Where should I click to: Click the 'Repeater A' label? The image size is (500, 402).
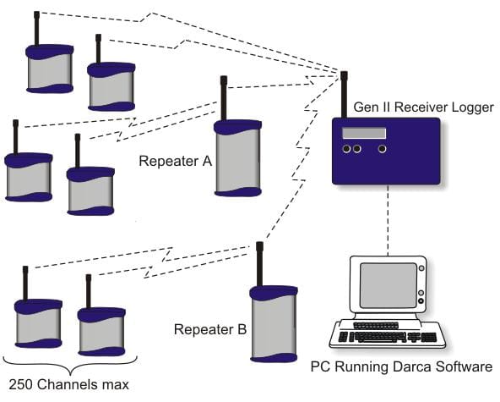point(176,161)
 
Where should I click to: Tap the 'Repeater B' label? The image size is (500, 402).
point(210,329)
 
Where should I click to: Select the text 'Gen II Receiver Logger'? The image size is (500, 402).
point(424,107)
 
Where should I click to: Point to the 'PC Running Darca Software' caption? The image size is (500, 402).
point(401,366)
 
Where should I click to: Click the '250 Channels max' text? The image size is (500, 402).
point(69,384)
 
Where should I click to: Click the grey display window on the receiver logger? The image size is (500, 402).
point(364,133)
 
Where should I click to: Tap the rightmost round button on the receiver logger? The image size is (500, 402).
point(382,149)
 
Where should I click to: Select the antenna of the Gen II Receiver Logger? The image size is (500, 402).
point(344,95)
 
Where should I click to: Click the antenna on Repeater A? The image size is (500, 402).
point(224,98)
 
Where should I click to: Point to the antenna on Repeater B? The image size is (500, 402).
point(259,264)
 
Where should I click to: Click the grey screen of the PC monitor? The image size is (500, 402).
point(389,285)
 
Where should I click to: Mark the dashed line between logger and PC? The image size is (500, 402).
point(388,221)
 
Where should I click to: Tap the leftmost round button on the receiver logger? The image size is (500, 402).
point(346,149)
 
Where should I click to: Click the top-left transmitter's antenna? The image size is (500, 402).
point(36,29)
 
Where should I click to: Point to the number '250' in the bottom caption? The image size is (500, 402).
point(21,384)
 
